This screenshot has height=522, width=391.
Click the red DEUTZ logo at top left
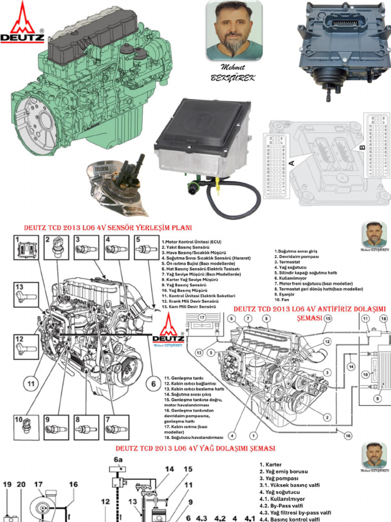(22, 23)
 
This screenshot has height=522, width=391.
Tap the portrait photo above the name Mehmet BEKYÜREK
(234, 31)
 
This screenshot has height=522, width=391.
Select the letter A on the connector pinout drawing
(291, 163)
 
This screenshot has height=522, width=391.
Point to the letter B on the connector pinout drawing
(362, 147)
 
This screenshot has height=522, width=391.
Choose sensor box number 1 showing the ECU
(25, 249)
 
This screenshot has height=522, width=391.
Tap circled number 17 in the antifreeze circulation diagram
(202, 318)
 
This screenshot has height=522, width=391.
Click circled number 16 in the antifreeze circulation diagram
(348, 436)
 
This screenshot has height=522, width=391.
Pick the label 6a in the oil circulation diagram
(118, 460)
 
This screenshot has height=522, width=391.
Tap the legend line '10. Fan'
(282, 300)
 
